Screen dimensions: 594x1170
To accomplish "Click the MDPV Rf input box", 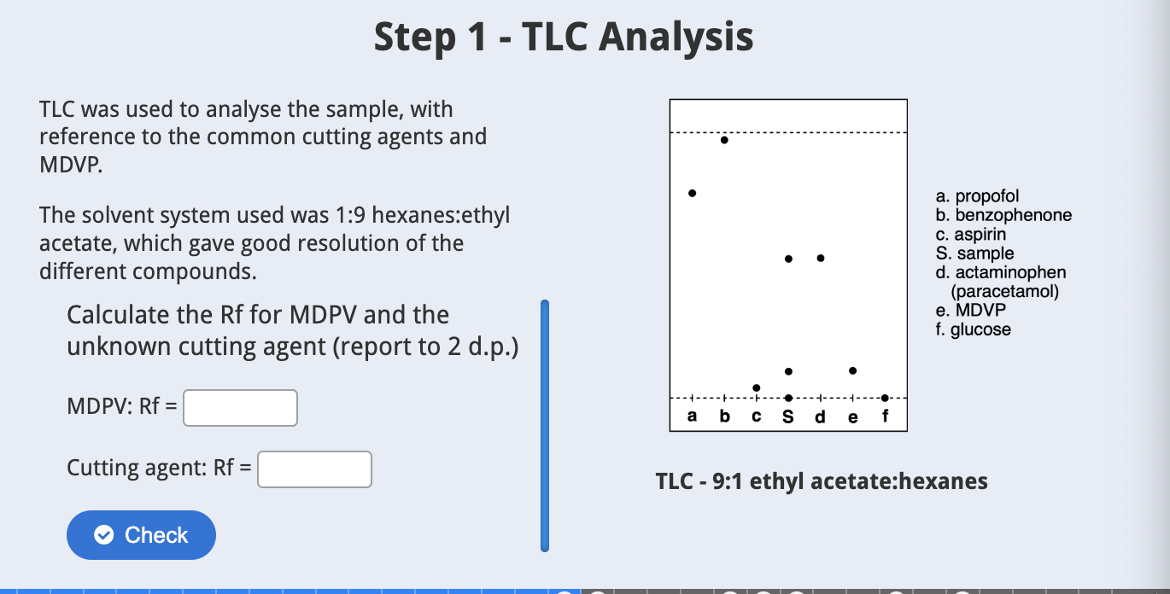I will pyautogui.click(x=240, y=408).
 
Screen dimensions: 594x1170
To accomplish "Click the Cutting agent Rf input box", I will pyautogui.click(x=314, y=469).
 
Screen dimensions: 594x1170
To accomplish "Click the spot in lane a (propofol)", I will pyautogui.click(x=692, y=194).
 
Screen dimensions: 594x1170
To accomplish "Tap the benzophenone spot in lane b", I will pyautogui.click(x=724, y=140).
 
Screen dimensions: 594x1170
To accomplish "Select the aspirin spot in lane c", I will pyautogui.click(x=757, y=387).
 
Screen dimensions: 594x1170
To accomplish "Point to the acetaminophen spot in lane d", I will pyautogui.click(x=821, y=258).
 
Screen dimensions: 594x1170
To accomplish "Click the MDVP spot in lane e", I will pyautogui.click(x=852, y=370).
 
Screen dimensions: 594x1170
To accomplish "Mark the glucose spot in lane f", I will pyautogui.click(x=885, y=398).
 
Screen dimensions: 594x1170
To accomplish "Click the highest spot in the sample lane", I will pyautogui.click(x=788, y=258).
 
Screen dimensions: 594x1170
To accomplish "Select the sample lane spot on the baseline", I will pyautogui.click(x=788, y=398).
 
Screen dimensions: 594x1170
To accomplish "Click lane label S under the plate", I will pyautogui.click(x=788, y=417).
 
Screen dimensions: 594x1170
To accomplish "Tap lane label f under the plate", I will pyautogui.click(x=885, y=417).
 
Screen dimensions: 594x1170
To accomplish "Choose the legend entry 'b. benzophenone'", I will pyautogui.click(x=1003, y=215).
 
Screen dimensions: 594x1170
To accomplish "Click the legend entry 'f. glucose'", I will pyautogui.click(x=973, y=329).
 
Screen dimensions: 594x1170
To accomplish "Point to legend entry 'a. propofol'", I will pyautogui.click(x=977, y=196).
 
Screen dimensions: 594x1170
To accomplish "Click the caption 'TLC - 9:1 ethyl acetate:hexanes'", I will pyautogui.click(x=821, y=481).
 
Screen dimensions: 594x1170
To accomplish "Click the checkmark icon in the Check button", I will pyautogui.click(x=103, y=535).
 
